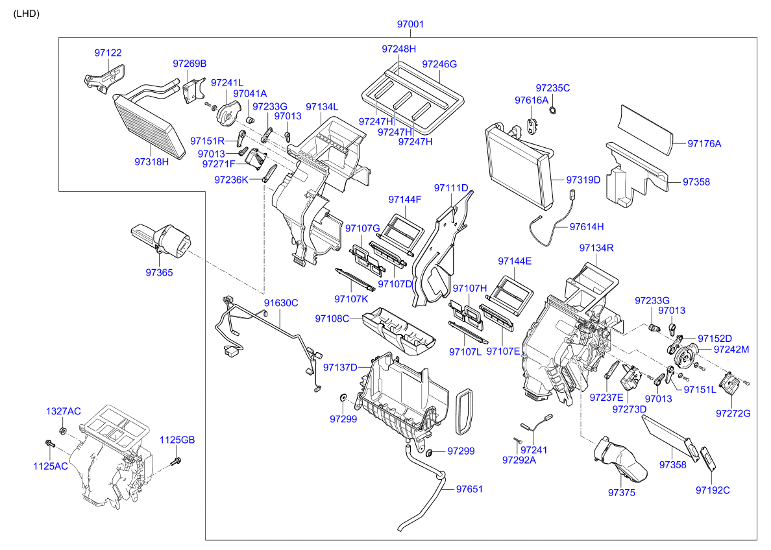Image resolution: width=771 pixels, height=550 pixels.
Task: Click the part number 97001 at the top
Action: click(410, 25)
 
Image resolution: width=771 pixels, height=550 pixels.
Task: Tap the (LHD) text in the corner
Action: click(27, 14)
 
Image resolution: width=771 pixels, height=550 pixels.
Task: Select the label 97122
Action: click(108, 53)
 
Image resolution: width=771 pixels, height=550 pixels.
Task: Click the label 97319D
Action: click(583, 180)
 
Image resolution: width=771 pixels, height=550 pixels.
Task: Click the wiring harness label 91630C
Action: click(280, 303)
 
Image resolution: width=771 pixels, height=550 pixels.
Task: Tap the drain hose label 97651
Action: click(469, 489)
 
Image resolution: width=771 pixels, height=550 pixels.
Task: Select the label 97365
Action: click(159, 273)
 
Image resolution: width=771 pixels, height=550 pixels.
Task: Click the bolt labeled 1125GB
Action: click(177, 461)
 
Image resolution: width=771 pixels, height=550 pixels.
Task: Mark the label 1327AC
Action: click(63, 411)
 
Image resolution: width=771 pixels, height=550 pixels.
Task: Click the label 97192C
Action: click(713, 490)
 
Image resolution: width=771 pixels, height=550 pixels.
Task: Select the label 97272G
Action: click(733, 413)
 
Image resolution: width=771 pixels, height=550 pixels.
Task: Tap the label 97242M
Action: click(731, 349)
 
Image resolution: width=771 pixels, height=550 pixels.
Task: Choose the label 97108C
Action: click(332, 318)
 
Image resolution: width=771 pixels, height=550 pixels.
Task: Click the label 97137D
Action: click(340, 368)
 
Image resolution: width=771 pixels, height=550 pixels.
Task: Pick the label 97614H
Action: click(587, 226)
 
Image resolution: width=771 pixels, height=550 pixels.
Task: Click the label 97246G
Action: click(439, 64)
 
